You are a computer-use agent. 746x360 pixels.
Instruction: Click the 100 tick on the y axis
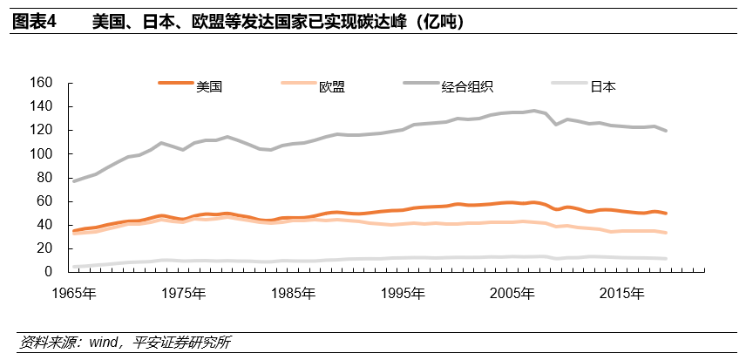pyautogui.click(x=42, y=154)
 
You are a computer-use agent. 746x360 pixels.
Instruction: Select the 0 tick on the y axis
pyautogui.click(x=49, y=272)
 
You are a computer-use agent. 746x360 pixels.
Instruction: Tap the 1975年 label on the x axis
pyautogui.click(x=184, y=291)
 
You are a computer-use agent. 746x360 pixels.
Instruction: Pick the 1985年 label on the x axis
pyautogui.click(x=292, y=291)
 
